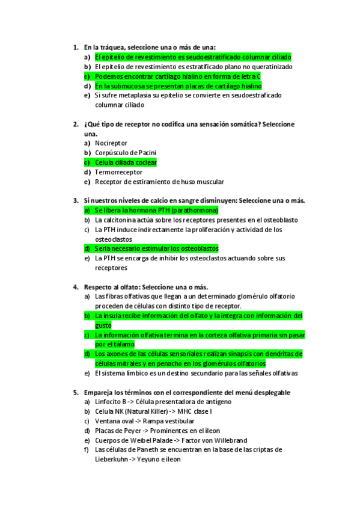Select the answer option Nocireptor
click(x=112, y=143)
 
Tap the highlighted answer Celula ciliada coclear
click(x=126, y=162)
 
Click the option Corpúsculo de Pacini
click(x=126, y=153)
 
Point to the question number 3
click(x=75, y=200)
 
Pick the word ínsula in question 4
click(x=112, y=316)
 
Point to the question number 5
click(x=75, y=392)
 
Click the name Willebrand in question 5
click(x=228, y=440)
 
